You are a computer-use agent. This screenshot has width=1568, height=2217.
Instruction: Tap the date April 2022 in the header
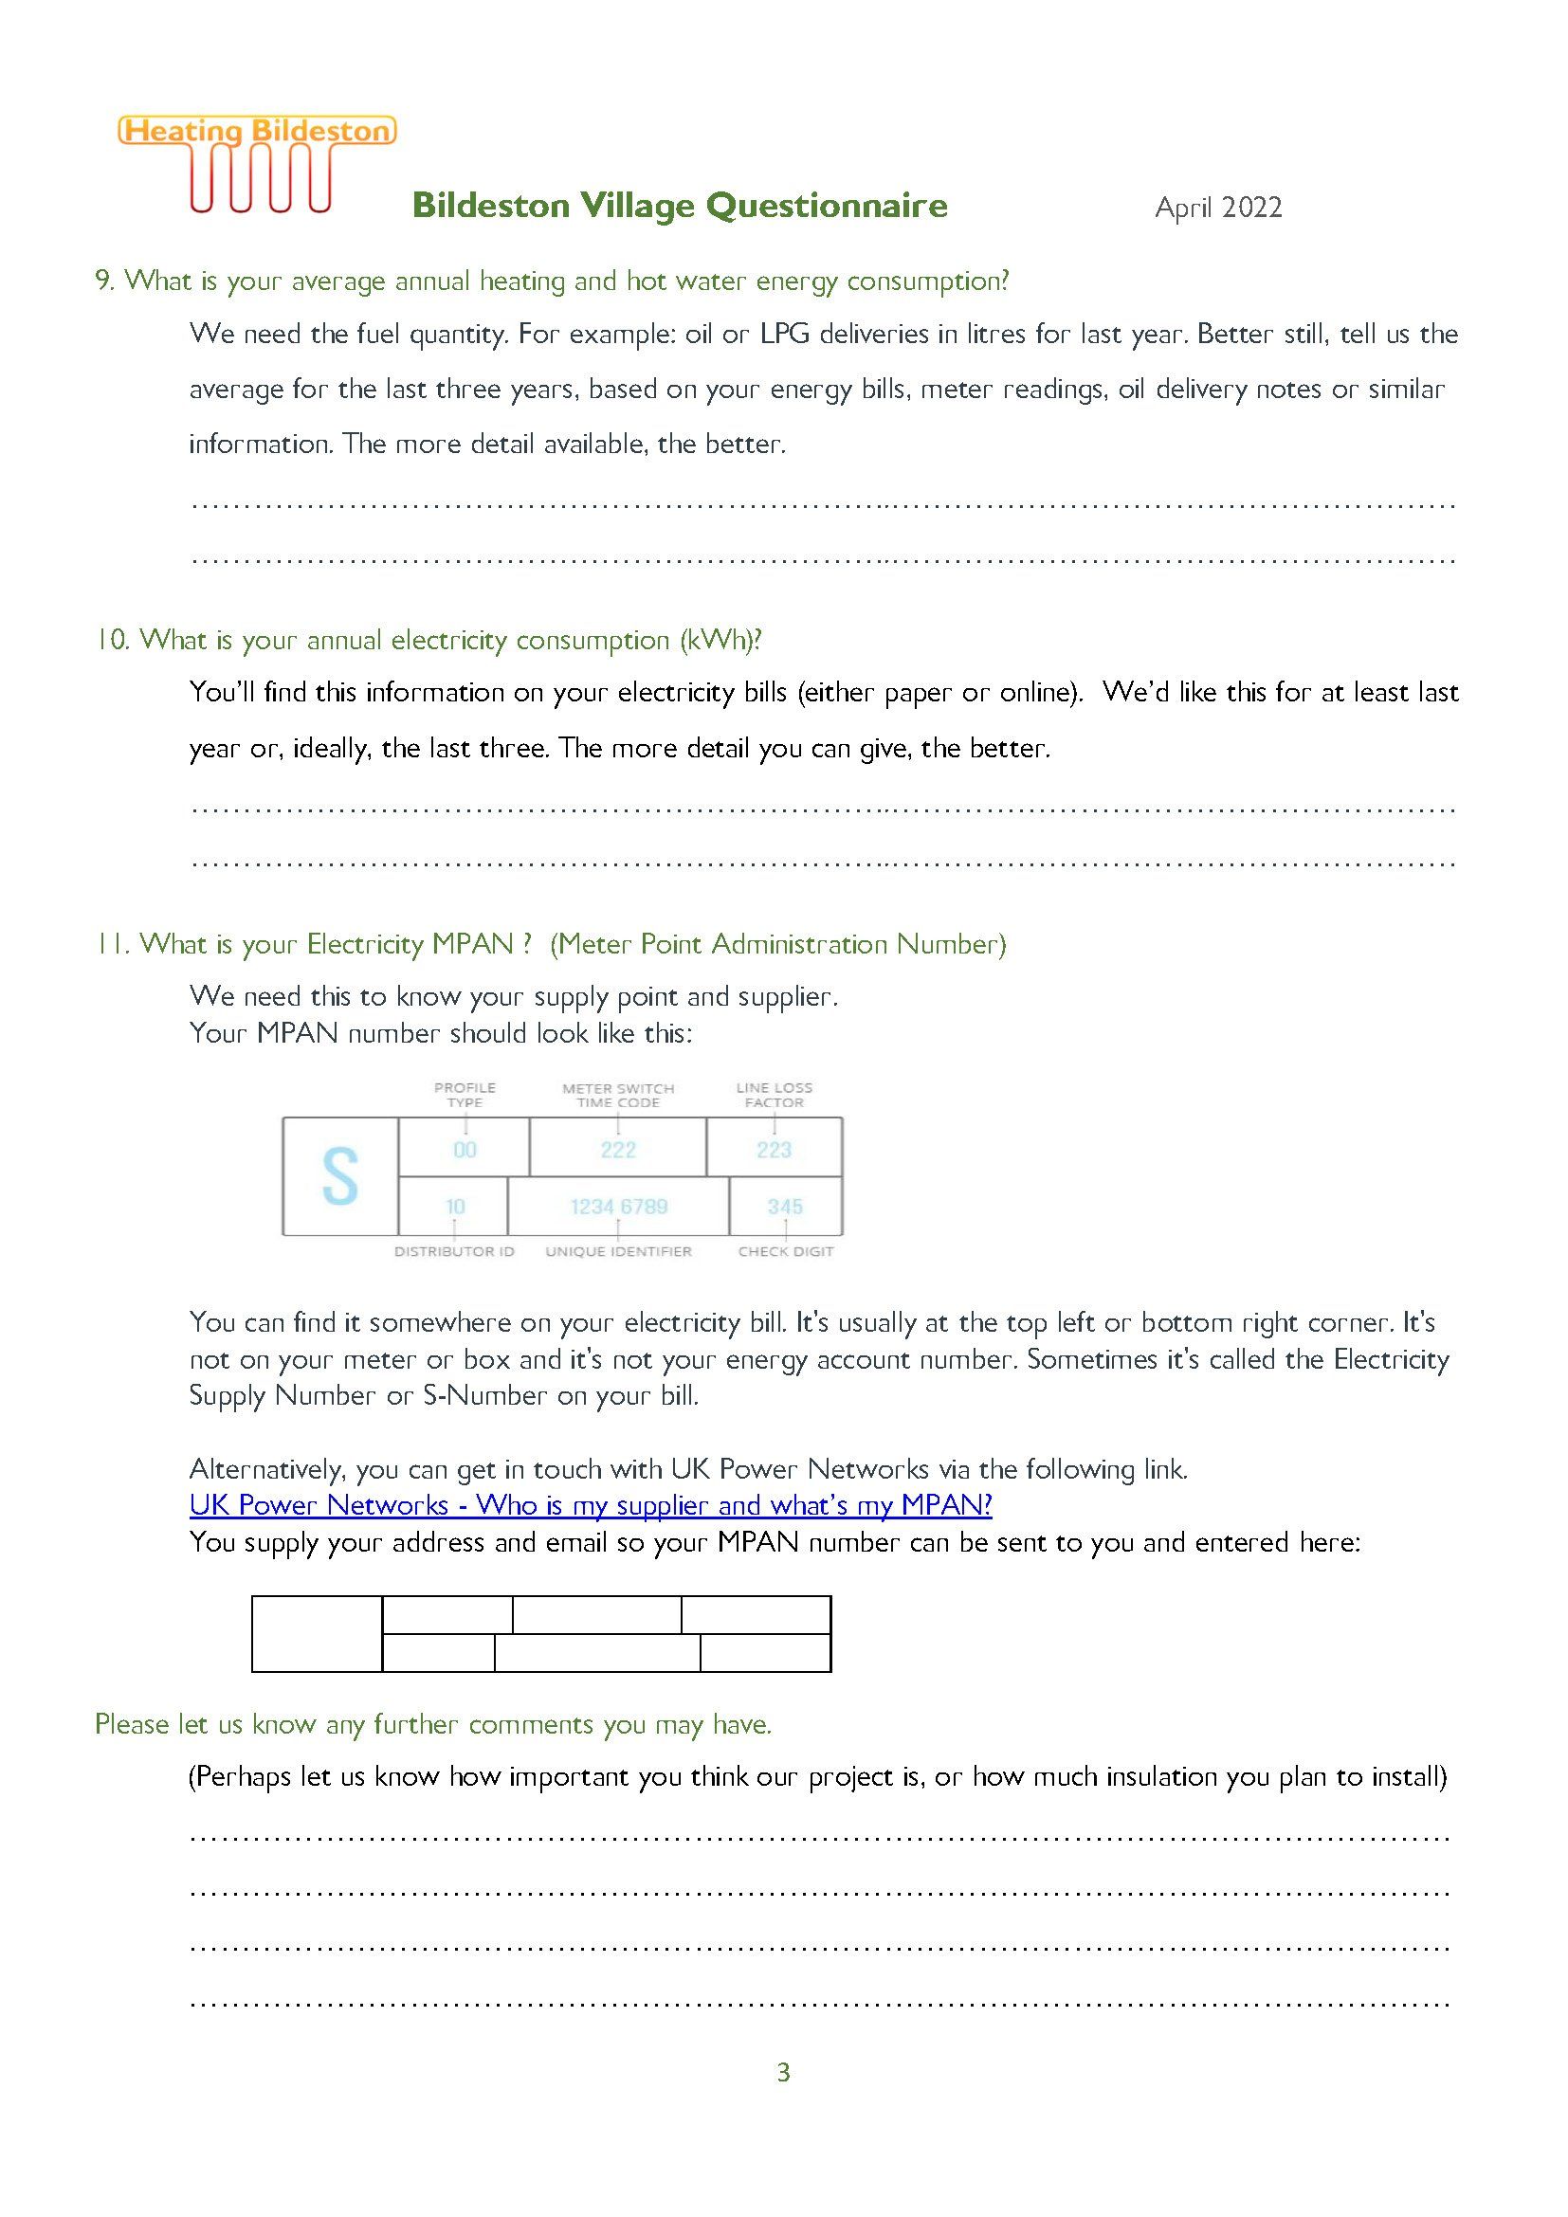(1217, 208)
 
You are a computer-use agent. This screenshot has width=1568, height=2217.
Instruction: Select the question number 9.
(103, 281)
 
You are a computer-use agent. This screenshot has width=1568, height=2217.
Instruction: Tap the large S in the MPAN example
(340, 1176)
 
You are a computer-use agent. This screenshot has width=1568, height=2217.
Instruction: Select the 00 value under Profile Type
(465, 1149)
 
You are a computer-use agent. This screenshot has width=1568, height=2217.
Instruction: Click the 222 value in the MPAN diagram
(618, 1149)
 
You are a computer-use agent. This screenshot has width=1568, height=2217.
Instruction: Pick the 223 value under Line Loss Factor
(775, 1149)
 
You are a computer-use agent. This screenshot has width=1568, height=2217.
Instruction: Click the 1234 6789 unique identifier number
(619, 1206)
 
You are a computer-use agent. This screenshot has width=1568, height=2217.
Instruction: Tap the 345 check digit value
(785, 1206)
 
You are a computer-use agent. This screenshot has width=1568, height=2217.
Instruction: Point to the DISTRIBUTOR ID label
(454, 1251)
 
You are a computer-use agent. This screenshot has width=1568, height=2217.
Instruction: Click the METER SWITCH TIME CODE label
(618, 1095)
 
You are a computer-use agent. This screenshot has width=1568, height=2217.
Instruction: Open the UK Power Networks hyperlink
(590, 1505)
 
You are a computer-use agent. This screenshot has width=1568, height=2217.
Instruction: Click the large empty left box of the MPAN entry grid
(317, 1633)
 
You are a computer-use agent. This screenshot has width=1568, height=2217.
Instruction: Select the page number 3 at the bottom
(783, 2072)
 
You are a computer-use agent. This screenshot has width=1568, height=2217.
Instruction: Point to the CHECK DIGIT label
(785, 1251)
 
